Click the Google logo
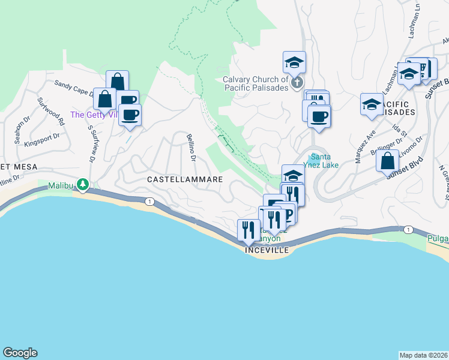pos(20,353)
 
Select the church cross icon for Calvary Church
pos(297,83)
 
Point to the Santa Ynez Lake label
pos(324,161)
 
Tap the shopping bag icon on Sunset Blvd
pos(388,161)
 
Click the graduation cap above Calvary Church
pos(294,62)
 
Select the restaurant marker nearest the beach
pos(248,229)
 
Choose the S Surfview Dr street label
pos(93,143)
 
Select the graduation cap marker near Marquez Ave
pos(372,104)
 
